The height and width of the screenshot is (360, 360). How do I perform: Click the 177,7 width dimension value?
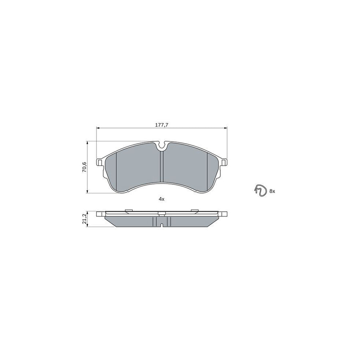click(162, 125)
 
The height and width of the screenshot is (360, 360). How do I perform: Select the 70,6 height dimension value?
click(84, 167)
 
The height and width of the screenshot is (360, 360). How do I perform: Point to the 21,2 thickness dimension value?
click(84, 219)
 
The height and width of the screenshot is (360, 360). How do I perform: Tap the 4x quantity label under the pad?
click(162, 199)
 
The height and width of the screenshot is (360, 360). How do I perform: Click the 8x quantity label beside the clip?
click(272, 191)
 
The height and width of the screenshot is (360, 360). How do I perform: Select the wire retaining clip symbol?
click(260, 191)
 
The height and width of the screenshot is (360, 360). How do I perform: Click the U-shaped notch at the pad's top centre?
click(162, 147)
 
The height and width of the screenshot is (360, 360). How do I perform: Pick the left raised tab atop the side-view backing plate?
click(129, 210)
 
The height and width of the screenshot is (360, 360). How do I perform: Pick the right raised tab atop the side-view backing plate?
click(195, 210)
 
